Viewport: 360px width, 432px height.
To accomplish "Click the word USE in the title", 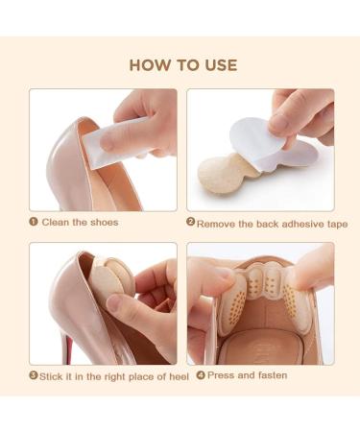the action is [221, 65].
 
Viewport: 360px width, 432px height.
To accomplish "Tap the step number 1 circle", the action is [34, 222].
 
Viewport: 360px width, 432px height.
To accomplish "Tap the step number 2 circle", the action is [190, 222].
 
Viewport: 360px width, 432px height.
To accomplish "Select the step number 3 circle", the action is [34, 375].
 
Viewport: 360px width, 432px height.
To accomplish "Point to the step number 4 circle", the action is [201, 374].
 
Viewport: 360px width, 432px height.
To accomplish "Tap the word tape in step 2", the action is [338, 225].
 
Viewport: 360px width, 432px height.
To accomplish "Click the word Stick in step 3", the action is [51, 376].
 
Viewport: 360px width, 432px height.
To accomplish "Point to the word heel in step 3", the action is [179, 376].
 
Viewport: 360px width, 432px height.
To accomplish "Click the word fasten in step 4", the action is [273, 375].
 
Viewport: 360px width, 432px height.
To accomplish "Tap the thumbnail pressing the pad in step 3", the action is [114, 303].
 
